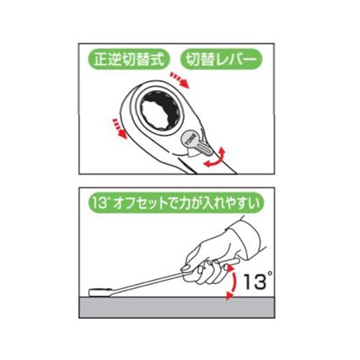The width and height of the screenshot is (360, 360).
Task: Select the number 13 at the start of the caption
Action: pyautogui.click(x=100, y=201)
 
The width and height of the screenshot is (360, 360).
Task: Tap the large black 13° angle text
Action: pyautogui.click(x=257, y=282)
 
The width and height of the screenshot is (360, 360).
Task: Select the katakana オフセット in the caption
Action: pyautogui.click(x=143, y=201)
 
